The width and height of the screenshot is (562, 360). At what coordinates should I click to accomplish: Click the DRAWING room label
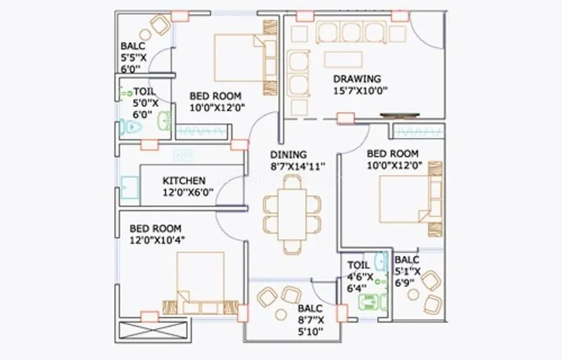[x=357, y=79]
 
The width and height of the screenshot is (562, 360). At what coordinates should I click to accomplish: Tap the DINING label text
[x=288, y=155]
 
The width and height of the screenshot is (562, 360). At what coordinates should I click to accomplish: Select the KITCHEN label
[x=184, y=181]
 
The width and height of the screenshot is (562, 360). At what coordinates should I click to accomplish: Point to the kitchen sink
[x=129, y=187]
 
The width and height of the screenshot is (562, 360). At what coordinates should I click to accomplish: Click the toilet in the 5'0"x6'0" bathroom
[x=131, y=127]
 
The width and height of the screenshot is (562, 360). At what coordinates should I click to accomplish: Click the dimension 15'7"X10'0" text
[x=360, y=90]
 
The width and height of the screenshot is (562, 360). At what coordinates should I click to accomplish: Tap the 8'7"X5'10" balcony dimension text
[x=310, y=326]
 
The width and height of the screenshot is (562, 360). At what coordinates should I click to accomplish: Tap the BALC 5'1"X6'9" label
[x=407, y=271]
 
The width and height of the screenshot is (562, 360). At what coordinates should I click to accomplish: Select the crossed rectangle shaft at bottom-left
[x=155, y=331]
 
